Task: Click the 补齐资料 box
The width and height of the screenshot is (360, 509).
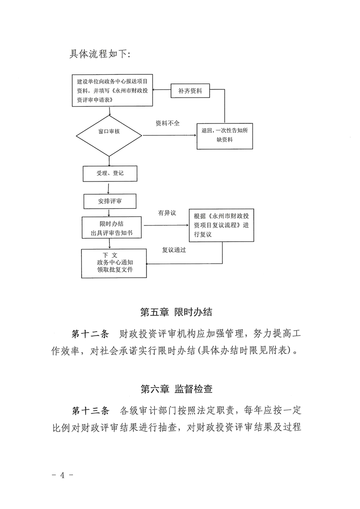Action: click(190, 91)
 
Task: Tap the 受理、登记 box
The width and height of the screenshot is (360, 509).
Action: click(109, 173)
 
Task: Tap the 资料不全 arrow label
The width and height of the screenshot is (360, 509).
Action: click(168, 123)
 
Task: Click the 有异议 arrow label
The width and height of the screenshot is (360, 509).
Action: click(167, 212)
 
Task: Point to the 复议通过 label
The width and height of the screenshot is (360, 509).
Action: click(174, 250)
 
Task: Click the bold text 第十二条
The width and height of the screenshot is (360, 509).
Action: click(91, 335)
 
